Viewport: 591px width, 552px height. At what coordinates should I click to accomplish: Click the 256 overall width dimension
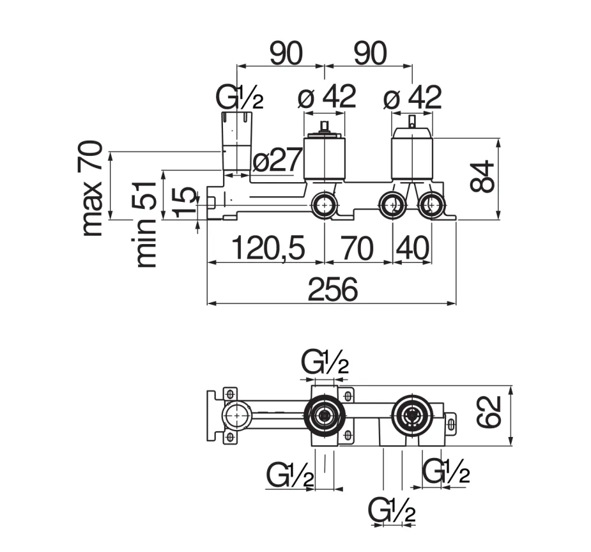tap(332, 289)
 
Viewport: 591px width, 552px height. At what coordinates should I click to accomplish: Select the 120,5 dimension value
tap(268, 248)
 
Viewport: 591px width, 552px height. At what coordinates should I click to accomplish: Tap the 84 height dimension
tap(482, 176)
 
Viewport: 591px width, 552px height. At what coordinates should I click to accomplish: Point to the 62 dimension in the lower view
tap(489, 412)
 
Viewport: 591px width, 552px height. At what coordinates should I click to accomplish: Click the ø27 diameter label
tap(277, 159)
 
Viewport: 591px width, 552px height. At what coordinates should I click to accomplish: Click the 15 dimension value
tap(185, 202)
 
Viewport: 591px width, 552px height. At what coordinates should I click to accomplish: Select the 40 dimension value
tap(413, 248)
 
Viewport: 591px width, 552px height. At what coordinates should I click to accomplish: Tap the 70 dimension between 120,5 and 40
tap(357, 248)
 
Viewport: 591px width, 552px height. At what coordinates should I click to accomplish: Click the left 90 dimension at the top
tap(286, 53)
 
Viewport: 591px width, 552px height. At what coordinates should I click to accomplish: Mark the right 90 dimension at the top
tap(371, 53)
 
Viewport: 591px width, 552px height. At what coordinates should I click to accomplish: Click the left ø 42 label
tap(326, 97)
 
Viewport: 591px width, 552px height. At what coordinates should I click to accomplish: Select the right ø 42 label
tap(412, 97)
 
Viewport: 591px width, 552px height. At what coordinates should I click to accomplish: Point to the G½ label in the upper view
tap(240, 97)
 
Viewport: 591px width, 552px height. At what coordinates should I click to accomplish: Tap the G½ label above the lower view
tap(325, 362)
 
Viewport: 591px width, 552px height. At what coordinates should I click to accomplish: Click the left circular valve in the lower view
tap(324, 416)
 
